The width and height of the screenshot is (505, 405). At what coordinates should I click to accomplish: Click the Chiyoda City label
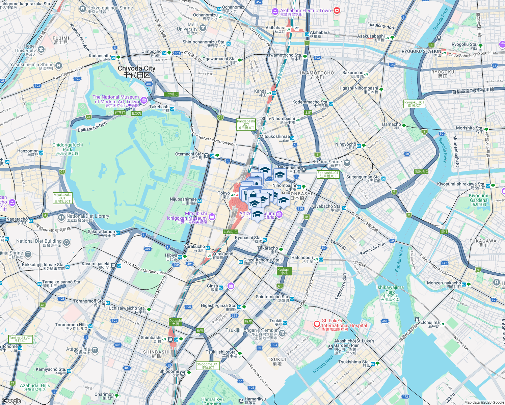tap(136, 72)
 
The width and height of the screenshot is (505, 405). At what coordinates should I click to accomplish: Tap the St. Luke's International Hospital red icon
tap(317, 324)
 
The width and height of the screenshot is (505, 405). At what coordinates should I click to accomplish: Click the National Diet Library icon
tap(61, 217)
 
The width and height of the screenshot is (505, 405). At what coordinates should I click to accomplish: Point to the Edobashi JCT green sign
tap(328, 174)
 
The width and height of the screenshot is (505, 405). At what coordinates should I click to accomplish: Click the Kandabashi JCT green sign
tap(246, 125)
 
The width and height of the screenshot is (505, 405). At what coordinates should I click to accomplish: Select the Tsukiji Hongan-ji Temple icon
tap(282, 333)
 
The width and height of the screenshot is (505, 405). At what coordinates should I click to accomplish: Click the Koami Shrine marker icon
tap(347, 163)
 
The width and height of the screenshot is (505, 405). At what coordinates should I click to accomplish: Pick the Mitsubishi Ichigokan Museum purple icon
tap(212, 216)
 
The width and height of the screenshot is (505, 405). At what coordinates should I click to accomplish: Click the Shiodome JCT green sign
tap(208, 366)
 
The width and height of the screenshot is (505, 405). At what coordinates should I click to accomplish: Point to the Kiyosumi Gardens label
tap(478, 200)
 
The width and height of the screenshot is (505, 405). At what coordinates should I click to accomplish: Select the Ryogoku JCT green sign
tap(414, 104)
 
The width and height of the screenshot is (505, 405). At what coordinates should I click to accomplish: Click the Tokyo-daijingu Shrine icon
tap(83, 9)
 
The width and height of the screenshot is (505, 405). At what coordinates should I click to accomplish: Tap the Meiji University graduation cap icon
tap(203, 28)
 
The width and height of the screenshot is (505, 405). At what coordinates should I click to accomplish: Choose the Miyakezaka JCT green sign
tap(62, 198)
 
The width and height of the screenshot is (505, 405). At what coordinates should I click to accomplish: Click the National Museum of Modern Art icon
tap(144, 100)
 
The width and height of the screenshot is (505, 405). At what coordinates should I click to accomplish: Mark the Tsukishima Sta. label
tap(354, 362)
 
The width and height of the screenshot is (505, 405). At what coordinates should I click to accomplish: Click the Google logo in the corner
tap(11, 401)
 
